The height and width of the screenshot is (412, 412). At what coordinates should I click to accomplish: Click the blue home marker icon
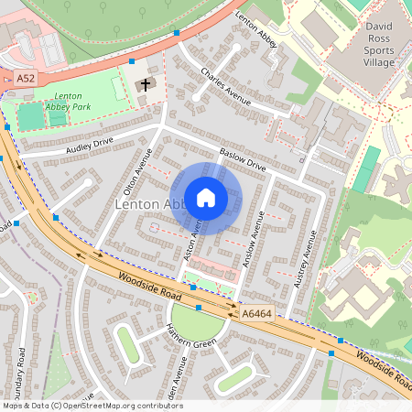[206, 198]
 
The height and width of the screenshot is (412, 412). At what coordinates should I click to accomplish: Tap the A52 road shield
[26, 81]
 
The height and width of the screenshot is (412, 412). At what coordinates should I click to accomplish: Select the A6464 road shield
[256, 314]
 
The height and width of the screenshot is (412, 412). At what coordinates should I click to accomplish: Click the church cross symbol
[145, 85]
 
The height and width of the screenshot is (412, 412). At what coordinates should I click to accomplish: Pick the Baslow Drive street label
[242, 160]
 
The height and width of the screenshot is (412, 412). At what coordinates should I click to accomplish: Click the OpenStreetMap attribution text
[92, 406]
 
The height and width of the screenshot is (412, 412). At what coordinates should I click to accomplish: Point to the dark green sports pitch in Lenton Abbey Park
[30, 116]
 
